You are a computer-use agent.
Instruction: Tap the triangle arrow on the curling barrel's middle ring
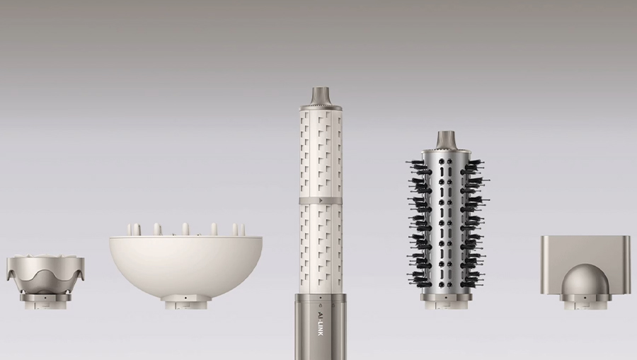pyautogui.click(x=321, y=200)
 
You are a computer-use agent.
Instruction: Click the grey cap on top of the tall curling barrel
pyautogui.click(x=321, y=96)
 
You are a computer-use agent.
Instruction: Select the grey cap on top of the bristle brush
pyautogui.click(x=445, y=140)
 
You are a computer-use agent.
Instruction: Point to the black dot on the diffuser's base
pyautogui.click(x=185, y=298)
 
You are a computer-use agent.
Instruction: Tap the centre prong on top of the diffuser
pyautogui.click(x=185, y=229)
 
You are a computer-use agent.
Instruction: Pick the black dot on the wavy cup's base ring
pyautogui.click(x=45, y=297)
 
